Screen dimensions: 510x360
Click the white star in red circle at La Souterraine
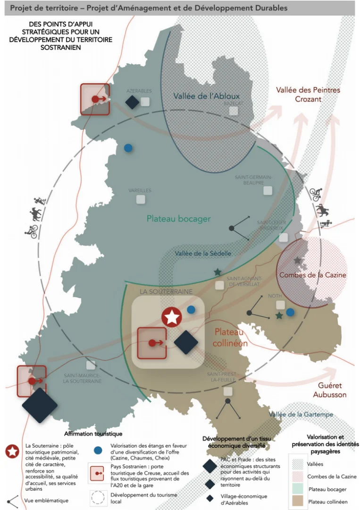(172, 317)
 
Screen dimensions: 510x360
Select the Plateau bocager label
(178, 219)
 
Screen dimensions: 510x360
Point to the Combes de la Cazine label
(313, 275)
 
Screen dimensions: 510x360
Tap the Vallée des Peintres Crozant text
(308, 94)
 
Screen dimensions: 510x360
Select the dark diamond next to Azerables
(132, 102)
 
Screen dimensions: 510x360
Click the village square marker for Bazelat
(234, 111)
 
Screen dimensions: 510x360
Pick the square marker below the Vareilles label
(141, 199)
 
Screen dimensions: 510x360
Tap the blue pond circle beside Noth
(290, 312)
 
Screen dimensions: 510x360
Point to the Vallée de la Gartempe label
(301, 415)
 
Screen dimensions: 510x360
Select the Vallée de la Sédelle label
(203, 254)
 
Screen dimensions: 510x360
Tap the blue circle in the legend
(98, 450)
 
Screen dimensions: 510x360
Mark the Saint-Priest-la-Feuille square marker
(228, 391)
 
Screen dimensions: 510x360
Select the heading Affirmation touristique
(93, 433)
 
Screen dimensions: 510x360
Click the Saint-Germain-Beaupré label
(253, 180)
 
